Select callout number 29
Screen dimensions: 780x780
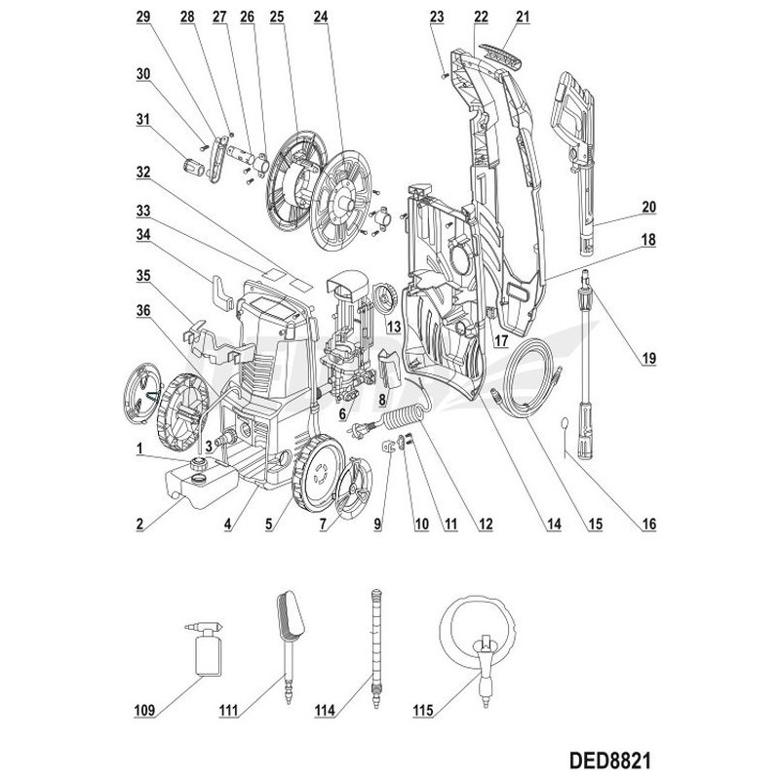click(143, 18)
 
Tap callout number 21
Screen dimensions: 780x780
click(523, 18)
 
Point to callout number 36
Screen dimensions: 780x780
click(143, 312)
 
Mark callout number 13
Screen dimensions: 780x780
click(394, 326)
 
